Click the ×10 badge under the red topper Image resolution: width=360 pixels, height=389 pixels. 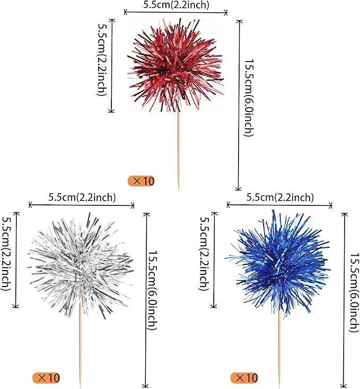point(141,181)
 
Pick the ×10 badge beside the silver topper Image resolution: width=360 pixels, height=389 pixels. point(46,378)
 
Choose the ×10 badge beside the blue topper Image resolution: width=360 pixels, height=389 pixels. point(244,378)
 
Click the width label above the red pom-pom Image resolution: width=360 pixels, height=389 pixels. point(176,5)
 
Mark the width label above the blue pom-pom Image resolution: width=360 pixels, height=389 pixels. point(280,197)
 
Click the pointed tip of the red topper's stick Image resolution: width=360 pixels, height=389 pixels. point(179,189)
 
